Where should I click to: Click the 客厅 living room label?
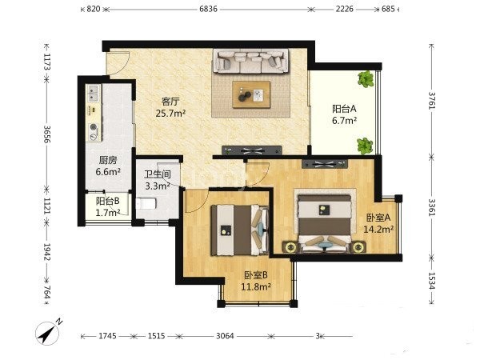point(170,101)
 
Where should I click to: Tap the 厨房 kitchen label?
point(108,160)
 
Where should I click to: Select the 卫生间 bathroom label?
point(158,174)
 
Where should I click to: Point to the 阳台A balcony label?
point(344,109)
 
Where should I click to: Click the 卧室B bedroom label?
point(256,275)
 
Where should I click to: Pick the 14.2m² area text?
point(378,229)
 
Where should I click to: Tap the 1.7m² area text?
point(107,213)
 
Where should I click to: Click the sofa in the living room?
point(251,62)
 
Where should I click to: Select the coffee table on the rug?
point(251,94)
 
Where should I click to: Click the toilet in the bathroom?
point(146,203)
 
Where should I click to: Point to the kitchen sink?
point(93,94)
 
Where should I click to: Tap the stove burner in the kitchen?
point(94,126)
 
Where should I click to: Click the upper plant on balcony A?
point(366,78)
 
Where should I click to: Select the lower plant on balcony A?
point(365,146)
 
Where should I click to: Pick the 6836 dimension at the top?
point(208,9)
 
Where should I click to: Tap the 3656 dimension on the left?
point(47,134)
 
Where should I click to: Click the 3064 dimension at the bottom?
point(225,336)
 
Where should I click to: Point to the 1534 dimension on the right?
point(432,281)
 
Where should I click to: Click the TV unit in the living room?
point(252,150)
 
